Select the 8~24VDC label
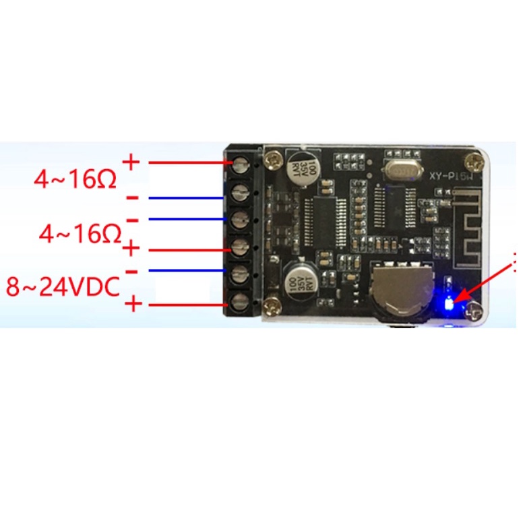coord(63,287)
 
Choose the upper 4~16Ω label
coord(76,180)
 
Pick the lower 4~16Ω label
coord(80,235)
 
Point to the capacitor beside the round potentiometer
coord(296,276)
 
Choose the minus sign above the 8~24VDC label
coord(133,271)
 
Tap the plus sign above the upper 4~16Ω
coord(131,162)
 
